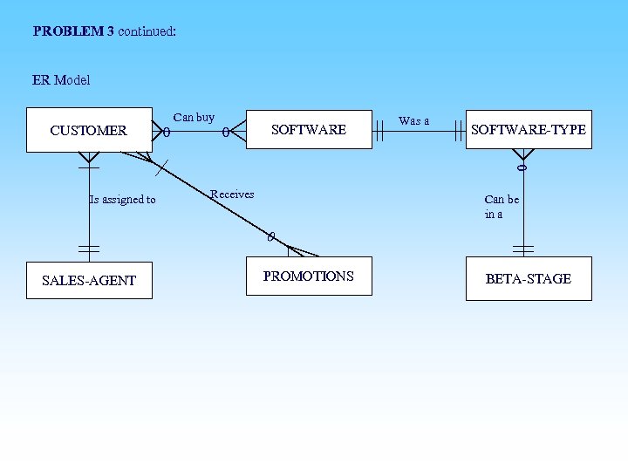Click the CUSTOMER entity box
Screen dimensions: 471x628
point(89,130)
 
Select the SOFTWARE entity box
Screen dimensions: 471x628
point(309,129)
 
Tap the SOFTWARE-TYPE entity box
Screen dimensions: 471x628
point(529,129)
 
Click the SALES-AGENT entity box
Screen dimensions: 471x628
point(89,280)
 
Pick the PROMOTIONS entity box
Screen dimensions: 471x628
point(309,277)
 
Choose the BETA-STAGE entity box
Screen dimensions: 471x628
point(529,278)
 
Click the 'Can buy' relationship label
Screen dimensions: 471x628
point(194,117)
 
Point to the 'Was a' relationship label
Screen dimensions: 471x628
point(413,120)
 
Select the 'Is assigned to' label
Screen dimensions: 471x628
point(122,200)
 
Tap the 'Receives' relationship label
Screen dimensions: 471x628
point(232,194)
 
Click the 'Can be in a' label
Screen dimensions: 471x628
point(501,207)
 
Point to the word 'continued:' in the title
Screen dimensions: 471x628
point(147,31)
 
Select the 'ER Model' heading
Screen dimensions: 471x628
point(61,80)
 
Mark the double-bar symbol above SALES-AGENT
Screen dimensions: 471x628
point(89,249)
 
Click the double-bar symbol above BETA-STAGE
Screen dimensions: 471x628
point(523,249)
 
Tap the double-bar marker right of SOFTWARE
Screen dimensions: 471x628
point(379,131)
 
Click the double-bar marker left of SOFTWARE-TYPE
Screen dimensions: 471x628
point(458,131)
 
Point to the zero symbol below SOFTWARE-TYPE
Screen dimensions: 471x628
point(522,166)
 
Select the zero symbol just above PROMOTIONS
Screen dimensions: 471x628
point(271,236)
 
